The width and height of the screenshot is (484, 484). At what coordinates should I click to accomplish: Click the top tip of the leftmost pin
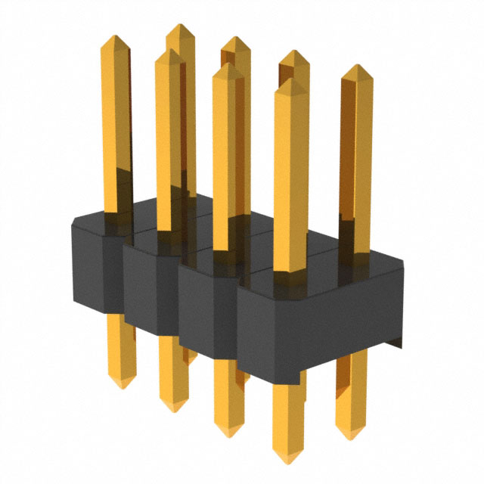click(115, 36)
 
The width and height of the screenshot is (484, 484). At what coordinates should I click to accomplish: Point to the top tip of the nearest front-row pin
click(290, 78)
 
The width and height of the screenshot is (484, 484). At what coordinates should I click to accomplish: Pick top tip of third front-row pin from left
click(227, 64)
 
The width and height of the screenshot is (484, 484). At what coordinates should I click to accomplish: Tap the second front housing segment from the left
click(150, 287)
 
